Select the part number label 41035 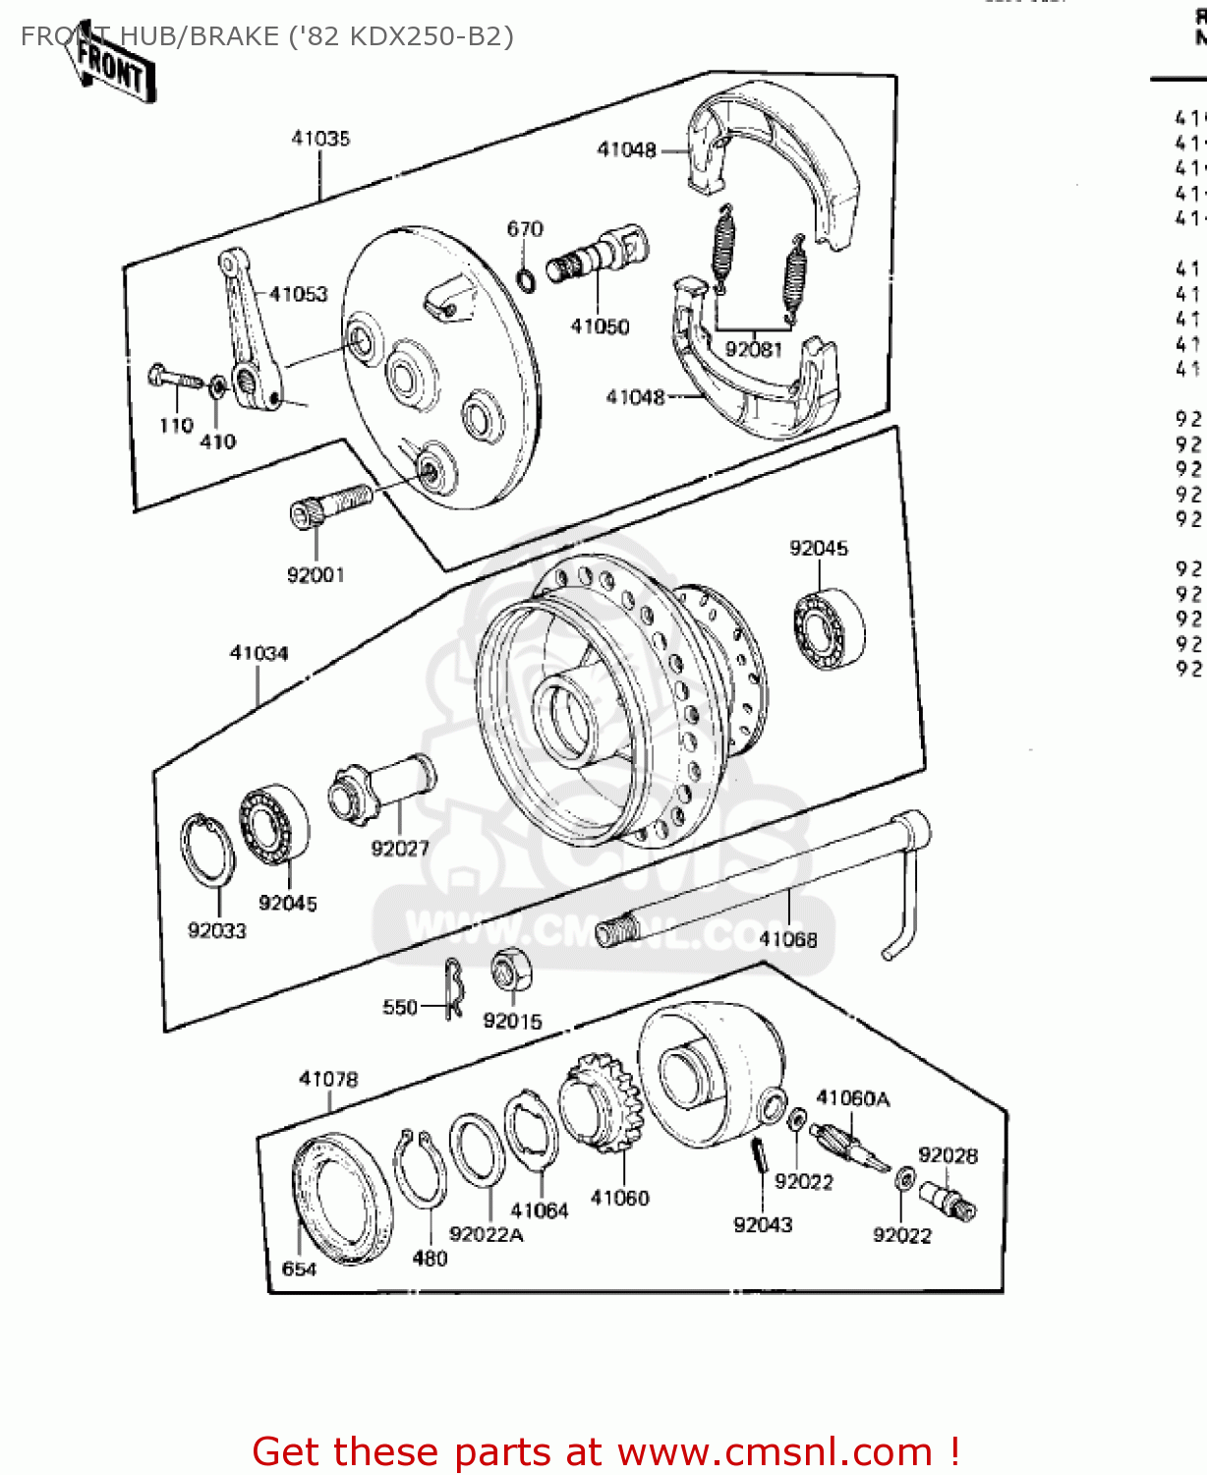[x=320, y=139]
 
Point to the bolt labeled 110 [x=173, y=378]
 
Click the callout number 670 [x=525, y=229]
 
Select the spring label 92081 [x=753, y=349]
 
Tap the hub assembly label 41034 [x=259, y=653]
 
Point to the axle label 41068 [x=788, y=939]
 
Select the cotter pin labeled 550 [x=452, y=988]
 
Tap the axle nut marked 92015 [x=511, y=972]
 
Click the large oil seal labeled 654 [x=342, y=1200]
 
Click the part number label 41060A [x=852, y=1098]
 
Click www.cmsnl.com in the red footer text [x=774, y=1452]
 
